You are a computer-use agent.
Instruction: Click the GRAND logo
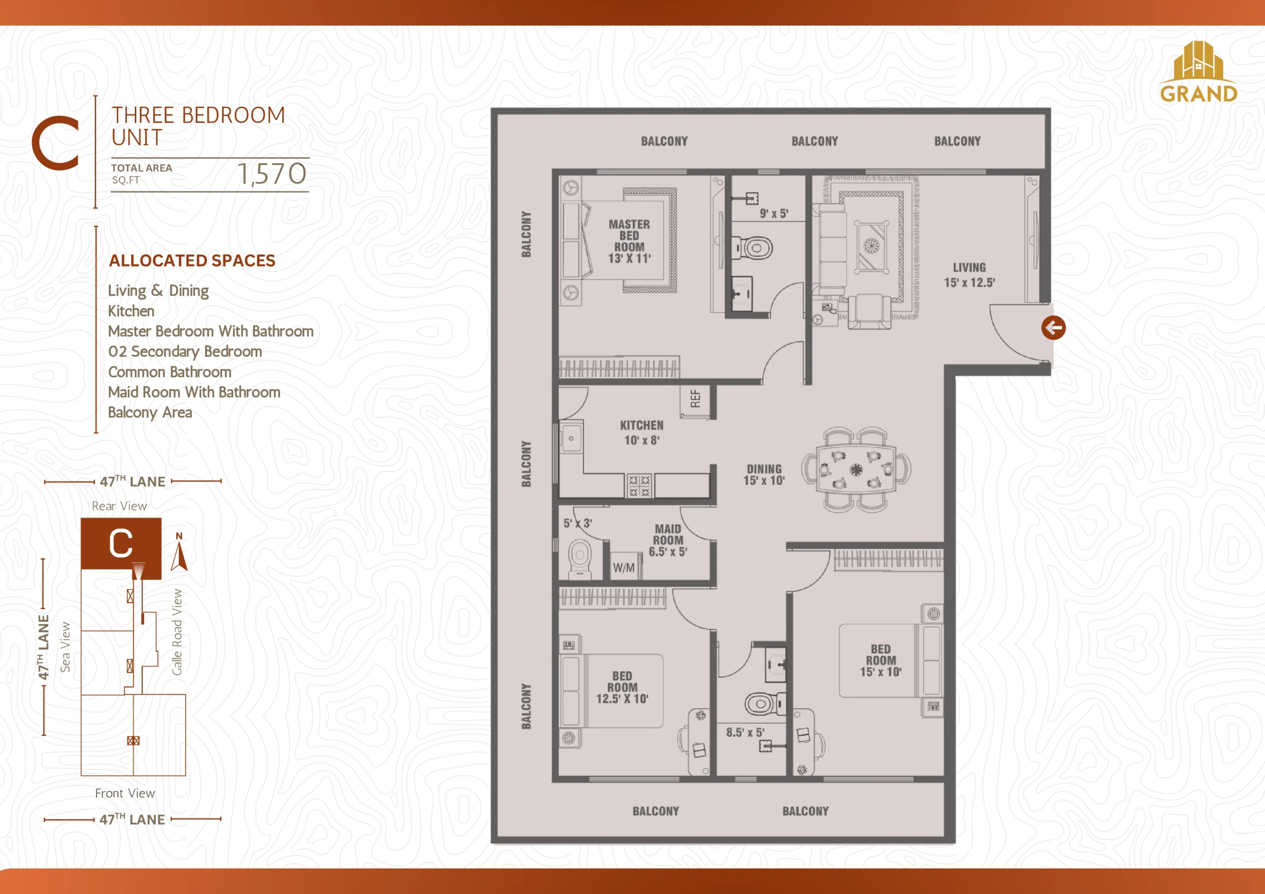[x=1198, y=72]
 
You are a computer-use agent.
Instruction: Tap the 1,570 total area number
[x=272, y=173]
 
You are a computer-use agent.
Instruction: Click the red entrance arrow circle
[x=1054, y=328]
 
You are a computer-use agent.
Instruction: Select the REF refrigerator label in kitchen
[x=695, y=398]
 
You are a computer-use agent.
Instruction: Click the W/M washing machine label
[x=624, y=568]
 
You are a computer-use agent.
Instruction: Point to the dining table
[x=856, y=469]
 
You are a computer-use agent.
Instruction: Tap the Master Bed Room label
[x=629, y=241]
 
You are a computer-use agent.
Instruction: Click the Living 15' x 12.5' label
[x=969, y=275]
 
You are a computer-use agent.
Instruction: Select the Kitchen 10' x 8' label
[x=642, y=432]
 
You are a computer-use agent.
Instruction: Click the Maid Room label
[x=668, y=540]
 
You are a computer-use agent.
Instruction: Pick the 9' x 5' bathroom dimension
[x=773, y=213]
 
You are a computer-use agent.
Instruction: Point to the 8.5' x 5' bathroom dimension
[x=745, y=732]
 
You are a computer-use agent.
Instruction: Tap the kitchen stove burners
[x=639, y=487]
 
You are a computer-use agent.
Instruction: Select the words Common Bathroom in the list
[x=169, y=372]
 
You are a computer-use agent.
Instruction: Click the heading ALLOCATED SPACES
[x=192, y=260]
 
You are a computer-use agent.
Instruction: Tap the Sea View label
[x=65, y=647]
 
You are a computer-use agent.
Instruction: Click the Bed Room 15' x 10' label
[x=881, y=660]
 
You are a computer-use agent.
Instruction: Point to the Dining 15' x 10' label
[x=763, y=474]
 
